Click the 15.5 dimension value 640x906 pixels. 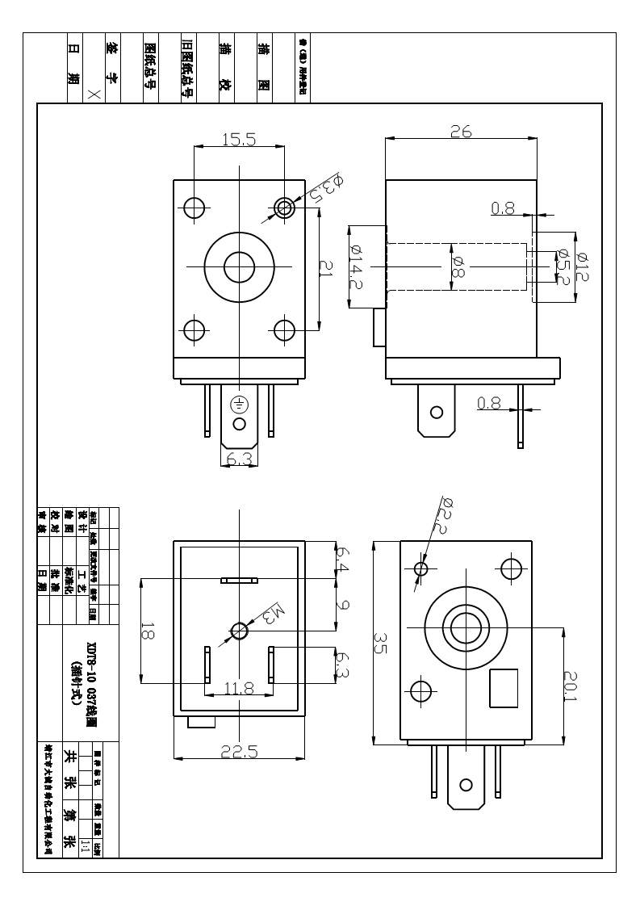coord(239,140)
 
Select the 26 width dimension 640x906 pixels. coord(461,132)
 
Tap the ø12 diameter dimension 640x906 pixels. coord(583,266)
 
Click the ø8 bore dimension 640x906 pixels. coord(458,266)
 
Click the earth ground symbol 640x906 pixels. coord(239,405)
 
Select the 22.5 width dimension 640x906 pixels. coord(240,751)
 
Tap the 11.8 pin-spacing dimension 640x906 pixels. coord(239,689)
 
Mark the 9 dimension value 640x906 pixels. coord(342,604)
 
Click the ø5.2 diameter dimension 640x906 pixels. coord(563,267)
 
